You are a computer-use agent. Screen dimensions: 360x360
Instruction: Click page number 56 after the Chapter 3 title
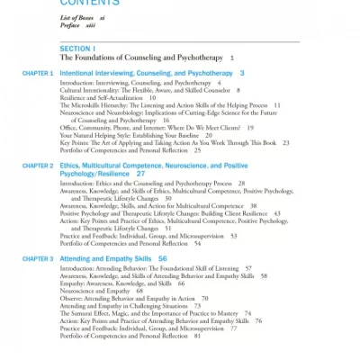tap(162, 258)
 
